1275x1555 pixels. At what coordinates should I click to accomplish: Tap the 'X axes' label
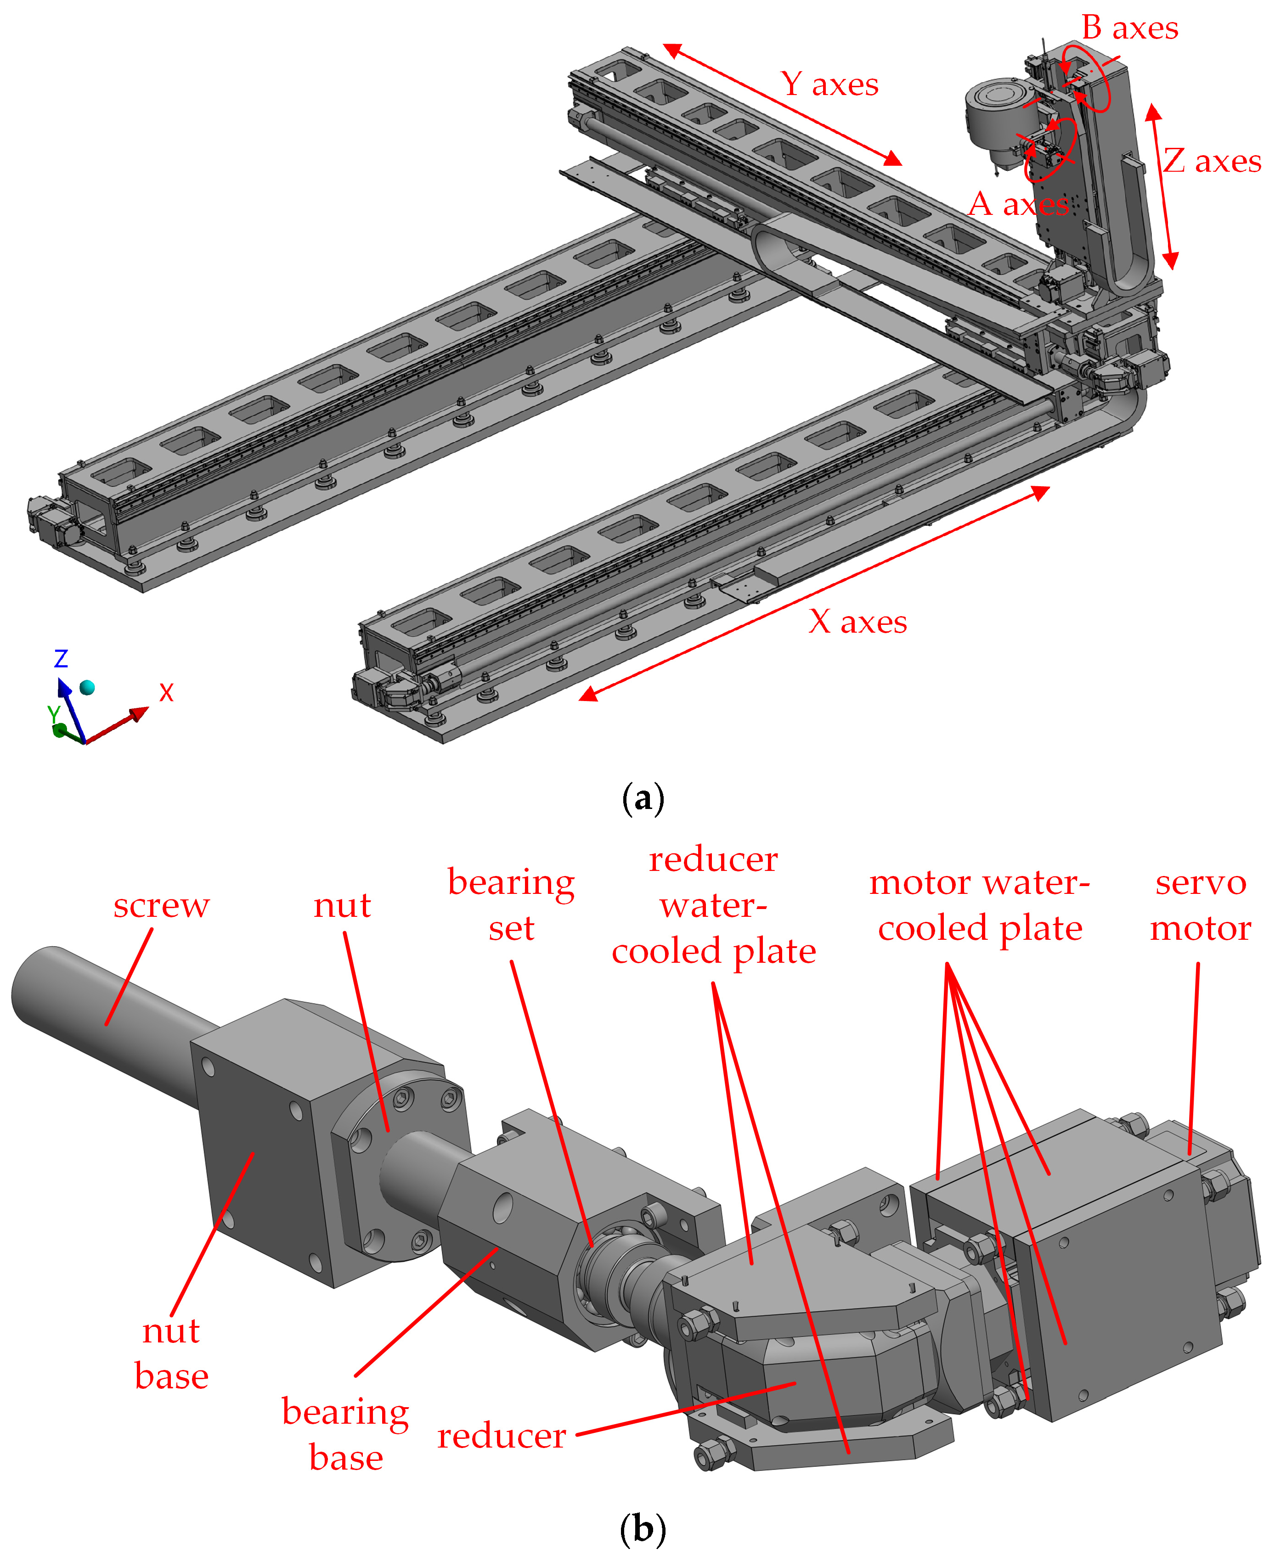pyautogui.click(x=858, y=622)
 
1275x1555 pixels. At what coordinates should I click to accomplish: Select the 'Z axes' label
pyautogui.click(x=1212, y=161)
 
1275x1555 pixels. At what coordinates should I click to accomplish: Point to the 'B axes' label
pyautogui.click(x=1129, y=28)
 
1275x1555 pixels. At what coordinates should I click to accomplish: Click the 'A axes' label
pyautogui.click(x=1019, y=204)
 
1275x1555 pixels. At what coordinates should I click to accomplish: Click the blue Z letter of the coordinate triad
pyautogui.click(x=61, y=658)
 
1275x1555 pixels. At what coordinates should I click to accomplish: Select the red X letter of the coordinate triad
pyautogui.click(x=167, y=692)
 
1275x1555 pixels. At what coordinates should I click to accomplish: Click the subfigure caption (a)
pyautogui.click(x=643, y=797)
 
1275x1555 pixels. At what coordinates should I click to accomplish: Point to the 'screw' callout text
pyautogui.click(x=162, y=905)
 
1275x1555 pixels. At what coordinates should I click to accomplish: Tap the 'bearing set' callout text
pyautogui.click(x=511, y=904)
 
